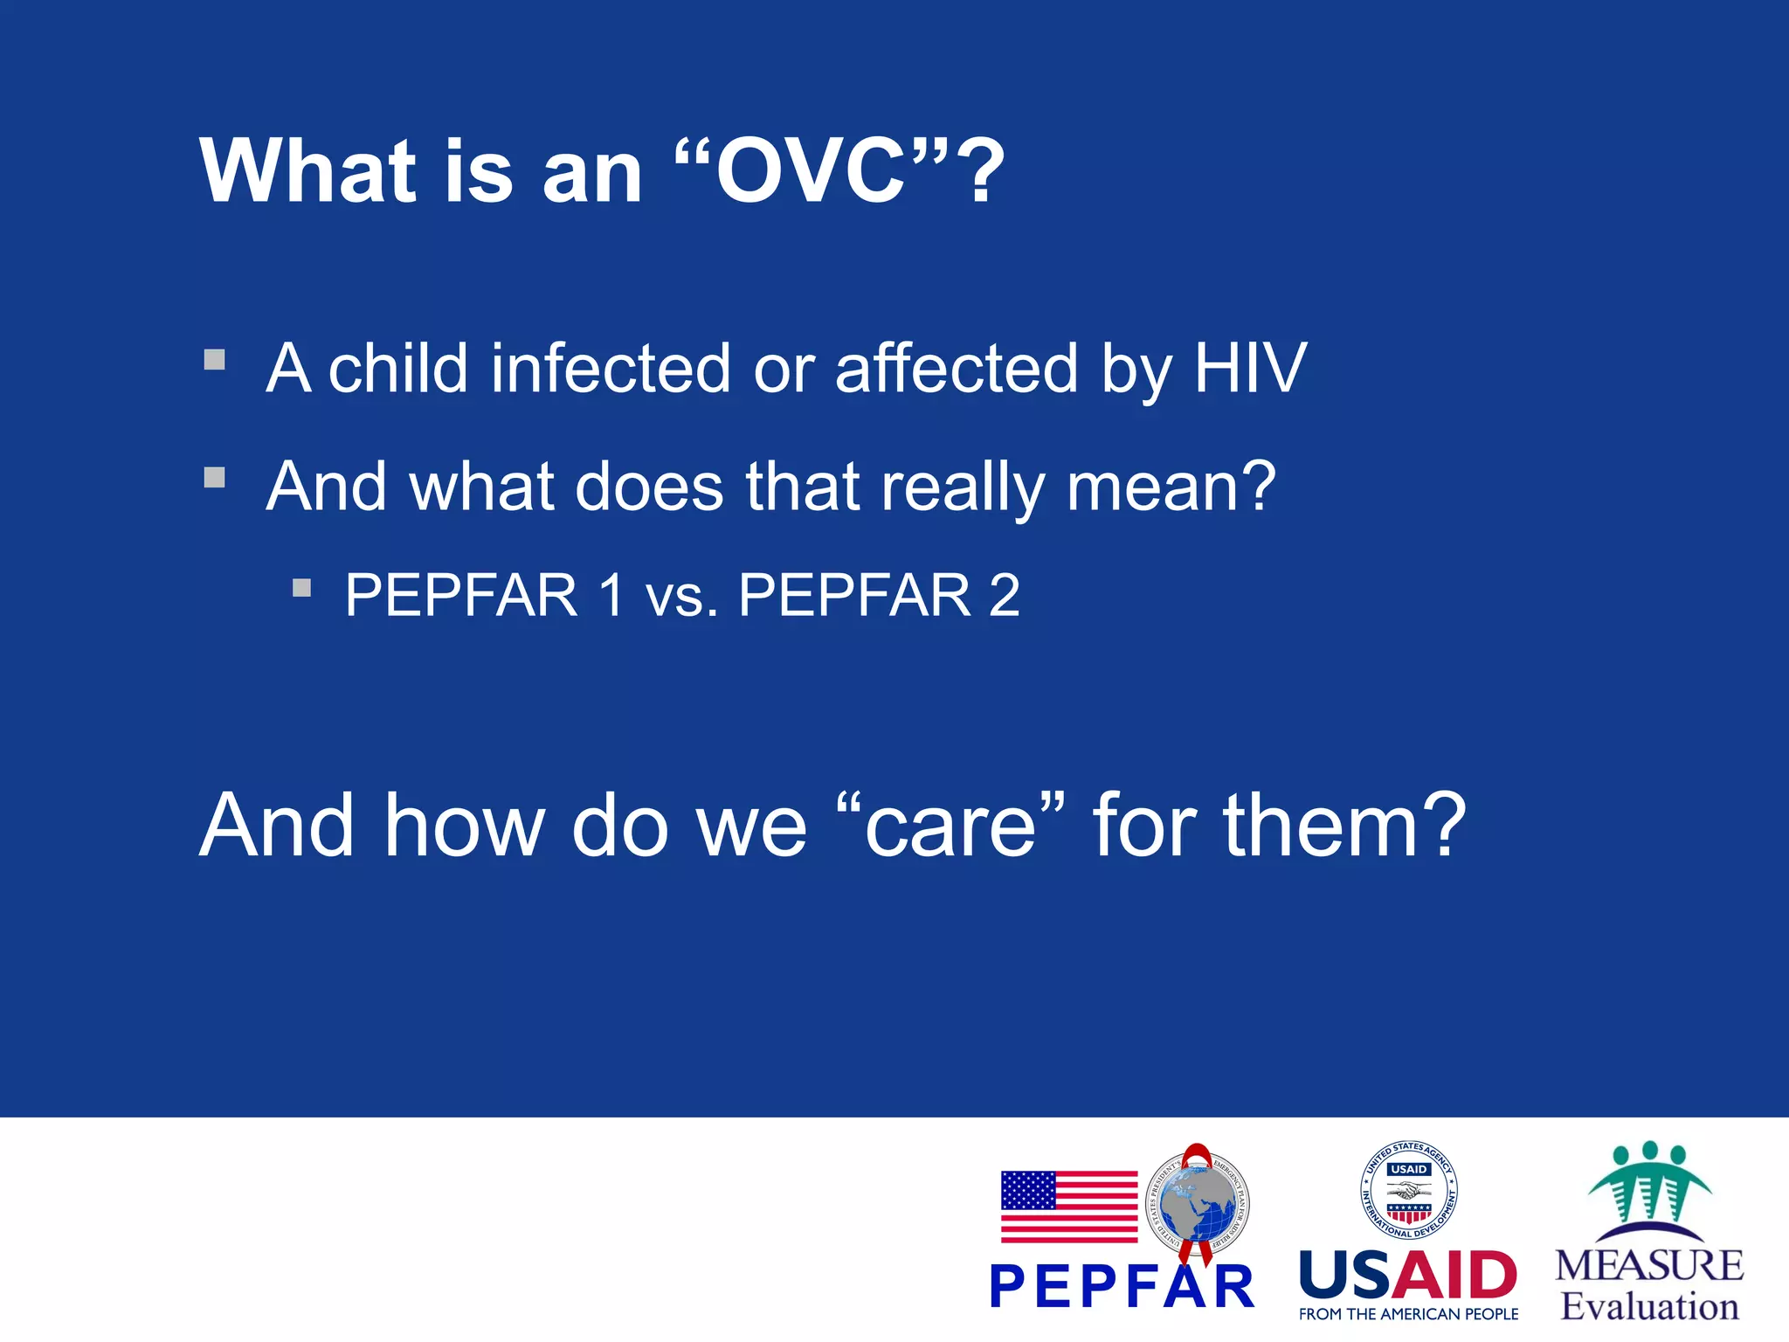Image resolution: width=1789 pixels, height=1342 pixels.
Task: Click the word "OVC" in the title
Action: coord(811,171)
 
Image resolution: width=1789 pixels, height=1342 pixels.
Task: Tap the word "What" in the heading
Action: coord(308,171)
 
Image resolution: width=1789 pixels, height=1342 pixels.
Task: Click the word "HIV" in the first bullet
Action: coord(1249,369)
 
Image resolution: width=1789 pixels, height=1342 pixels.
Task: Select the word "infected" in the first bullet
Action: coord(610,369)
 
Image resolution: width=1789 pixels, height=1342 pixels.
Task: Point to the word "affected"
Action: coord(957,369)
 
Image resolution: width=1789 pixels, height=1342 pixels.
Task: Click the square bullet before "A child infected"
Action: coord(215,360)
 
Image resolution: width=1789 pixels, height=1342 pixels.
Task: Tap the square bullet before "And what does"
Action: coord(215,477)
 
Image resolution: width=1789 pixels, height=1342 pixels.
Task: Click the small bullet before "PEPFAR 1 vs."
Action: coord(301,588)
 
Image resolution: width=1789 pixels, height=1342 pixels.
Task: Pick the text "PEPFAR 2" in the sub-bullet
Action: coord(879,596)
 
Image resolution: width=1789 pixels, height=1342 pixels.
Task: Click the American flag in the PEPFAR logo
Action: coord(1068,1207)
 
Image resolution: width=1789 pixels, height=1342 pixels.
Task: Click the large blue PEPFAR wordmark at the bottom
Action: coord(1122,1287)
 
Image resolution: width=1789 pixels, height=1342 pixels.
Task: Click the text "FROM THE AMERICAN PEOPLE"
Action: coord(1408,1314)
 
